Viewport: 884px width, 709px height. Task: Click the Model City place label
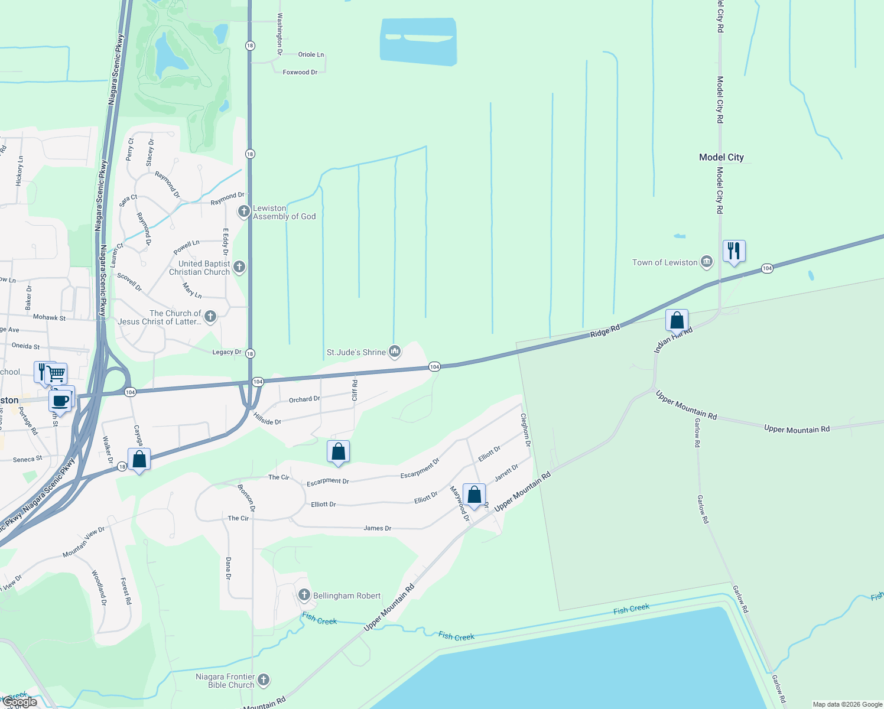(721, 157)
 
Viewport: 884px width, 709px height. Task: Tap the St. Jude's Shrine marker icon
(395, 352)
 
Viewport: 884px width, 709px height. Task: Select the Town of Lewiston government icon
(706, 262)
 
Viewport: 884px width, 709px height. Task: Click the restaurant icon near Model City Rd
(733, 251)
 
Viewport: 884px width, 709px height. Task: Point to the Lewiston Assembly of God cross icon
(243, 211)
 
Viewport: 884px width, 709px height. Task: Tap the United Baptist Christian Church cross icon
(239, 267)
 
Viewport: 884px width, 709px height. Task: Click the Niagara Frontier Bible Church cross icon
(264, 680)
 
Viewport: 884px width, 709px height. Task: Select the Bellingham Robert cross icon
(304, 595)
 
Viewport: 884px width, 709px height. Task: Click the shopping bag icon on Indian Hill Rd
(677, 321)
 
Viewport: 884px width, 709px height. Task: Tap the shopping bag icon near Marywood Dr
(474, 495)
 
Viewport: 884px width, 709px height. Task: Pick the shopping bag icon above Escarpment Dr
(338, 452)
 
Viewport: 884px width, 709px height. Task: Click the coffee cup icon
(60, 401)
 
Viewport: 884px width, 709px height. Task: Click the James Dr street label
(377, 528)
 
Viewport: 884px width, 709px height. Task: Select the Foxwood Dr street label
(300, 72)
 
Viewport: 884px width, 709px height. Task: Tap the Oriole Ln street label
(311, 54)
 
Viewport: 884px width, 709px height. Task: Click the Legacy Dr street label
(226, 352)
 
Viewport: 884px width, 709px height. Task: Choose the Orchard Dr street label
(304, 400)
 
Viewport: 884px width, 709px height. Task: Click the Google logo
(20, 702)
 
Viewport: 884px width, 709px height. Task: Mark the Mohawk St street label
(49, 317)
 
